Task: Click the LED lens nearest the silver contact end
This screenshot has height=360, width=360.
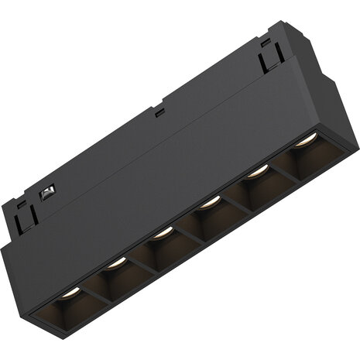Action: (70, 293)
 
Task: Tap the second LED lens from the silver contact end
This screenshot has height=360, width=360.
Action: (116, 263)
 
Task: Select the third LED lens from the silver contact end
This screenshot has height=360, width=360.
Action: (162, 232)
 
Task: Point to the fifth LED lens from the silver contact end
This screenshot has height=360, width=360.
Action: (257, 170)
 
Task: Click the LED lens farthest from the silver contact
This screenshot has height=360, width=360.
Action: (306, 139)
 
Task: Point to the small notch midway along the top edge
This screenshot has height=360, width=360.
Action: (159, 113)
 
